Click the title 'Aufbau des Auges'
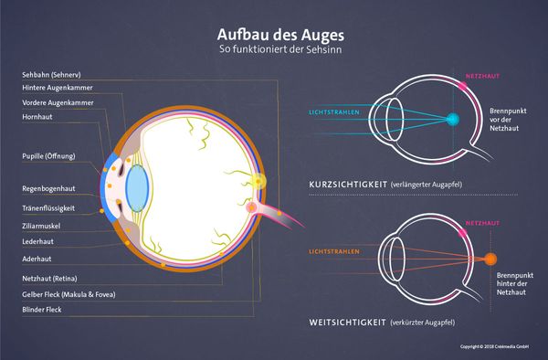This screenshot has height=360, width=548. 274,33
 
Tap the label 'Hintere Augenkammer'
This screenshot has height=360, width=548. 58,88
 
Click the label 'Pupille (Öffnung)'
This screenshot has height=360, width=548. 48,155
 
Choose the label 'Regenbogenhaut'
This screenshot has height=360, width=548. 49,188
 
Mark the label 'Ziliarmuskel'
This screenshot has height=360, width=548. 42,225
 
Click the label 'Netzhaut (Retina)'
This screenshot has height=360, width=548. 52,277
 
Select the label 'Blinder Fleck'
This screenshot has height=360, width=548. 42,310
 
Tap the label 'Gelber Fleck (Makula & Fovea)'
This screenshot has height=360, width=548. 68,293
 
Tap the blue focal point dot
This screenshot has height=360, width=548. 454,119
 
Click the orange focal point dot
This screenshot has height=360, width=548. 491,259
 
